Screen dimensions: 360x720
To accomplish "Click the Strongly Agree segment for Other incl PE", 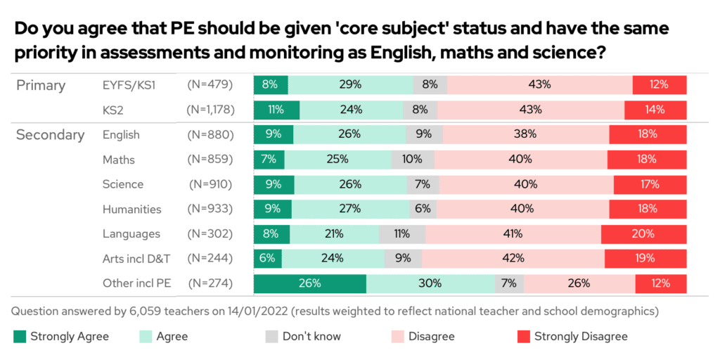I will point(309,283).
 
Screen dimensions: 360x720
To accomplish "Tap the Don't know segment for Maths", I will point(409,159).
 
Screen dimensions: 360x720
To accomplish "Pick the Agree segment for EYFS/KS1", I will point(350,85).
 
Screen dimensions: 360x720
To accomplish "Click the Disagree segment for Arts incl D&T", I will point(513,259).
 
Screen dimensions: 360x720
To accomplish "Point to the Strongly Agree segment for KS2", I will point(276,110).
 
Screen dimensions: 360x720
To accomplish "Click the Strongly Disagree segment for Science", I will point(650,184).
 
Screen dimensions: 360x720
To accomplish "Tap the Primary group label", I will point(41,86).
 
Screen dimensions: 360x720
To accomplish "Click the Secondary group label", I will point(50,135).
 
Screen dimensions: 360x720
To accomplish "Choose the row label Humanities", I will point(131,209).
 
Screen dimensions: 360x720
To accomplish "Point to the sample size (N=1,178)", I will point(210,110).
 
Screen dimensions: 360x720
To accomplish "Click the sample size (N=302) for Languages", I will point(210,234).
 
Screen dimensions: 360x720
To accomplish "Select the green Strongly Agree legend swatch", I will point(20,337).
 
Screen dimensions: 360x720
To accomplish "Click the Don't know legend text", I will point(311,337).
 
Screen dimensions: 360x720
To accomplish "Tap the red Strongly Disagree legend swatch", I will point(524,337).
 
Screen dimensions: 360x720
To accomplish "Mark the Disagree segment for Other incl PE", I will point(579,283).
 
